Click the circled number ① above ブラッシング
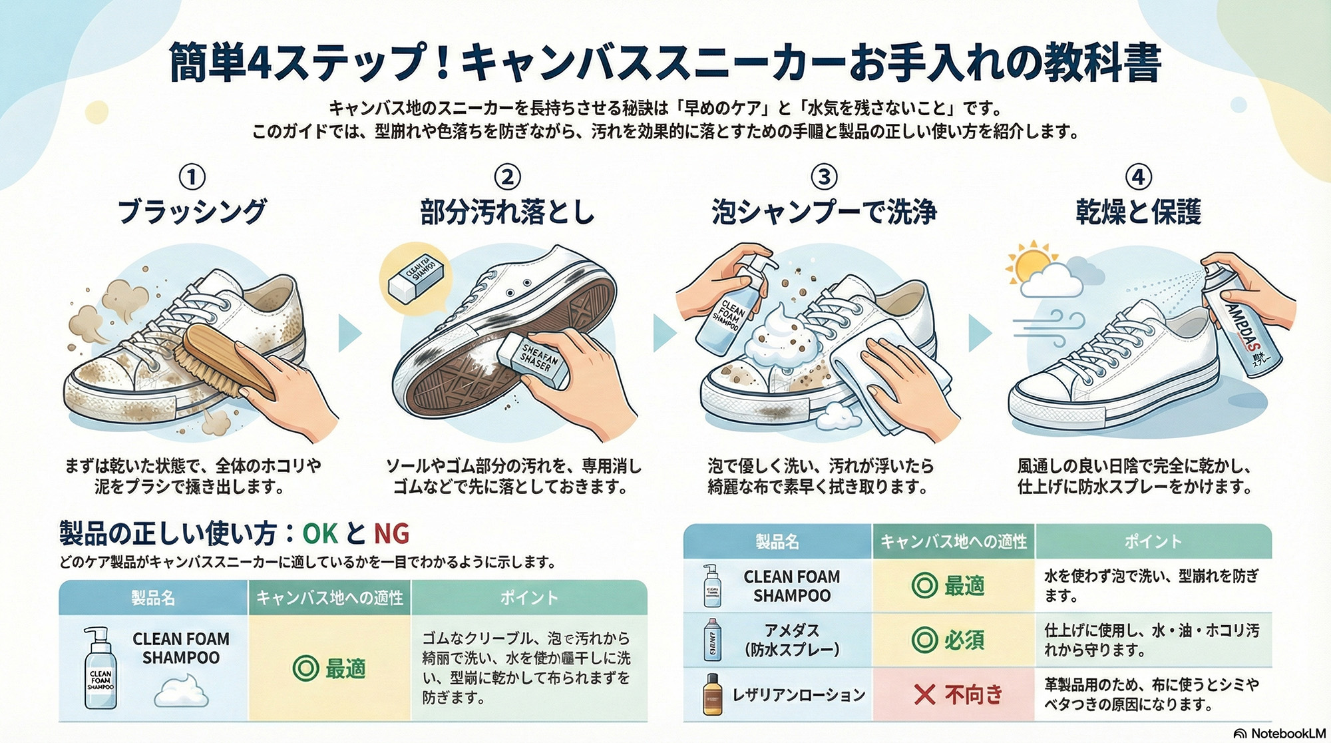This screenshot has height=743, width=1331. pos(192,177)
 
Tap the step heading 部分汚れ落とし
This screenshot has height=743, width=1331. pos(507,212)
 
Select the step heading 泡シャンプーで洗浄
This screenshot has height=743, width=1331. pos(824,212)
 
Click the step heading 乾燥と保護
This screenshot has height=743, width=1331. pos(1138,212)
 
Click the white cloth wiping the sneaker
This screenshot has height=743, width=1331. pos(878,373)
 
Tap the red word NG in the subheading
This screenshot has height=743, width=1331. pos(391,533)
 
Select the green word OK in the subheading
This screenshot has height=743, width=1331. pos(320,533)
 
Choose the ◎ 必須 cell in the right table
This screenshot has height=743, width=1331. pos(954,640)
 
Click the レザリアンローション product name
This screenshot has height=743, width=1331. pos(799,695)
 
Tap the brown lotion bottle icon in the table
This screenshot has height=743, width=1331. pos(713,695)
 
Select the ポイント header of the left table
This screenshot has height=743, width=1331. pos(529,597)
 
